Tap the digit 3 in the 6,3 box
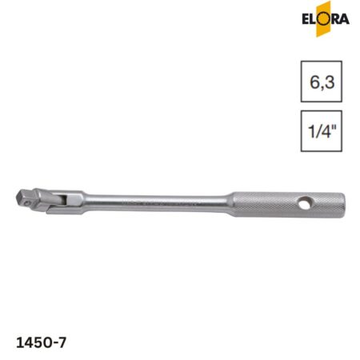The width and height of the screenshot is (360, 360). (330, 82)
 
